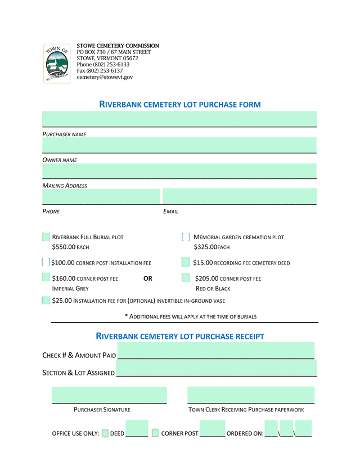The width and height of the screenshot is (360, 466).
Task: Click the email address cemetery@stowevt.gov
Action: click(x=105, y=77)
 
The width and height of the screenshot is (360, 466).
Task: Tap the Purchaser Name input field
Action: click(x=179, y=119)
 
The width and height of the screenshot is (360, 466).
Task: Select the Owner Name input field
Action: click(x=179, y=145)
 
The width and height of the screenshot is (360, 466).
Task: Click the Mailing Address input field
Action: click(x=179, y=171)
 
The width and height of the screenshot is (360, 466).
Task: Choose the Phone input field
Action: click(x=101, y=196)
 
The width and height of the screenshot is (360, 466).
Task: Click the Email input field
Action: click(x=239, y=196)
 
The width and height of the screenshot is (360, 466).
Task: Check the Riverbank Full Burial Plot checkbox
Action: click(x=46, y=237)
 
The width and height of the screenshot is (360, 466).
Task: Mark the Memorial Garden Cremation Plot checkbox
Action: click(x=186, y=237)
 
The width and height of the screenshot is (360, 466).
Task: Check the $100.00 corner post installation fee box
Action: click(x=46, y=262)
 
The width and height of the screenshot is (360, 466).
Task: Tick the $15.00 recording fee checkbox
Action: click(x=186, y=262)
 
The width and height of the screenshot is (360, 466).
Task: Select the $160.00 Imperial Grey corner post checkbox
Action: click(x=46, y=277)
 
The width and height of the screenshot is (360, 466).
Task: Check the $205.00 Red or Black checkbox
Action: click(x=186, y=277)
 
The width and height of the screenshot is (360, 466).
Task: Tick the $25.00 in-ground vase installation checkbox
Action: click(x=46, y=301)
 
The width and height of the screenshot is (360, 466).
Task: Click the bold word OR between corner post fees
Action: click(x=148, y=279)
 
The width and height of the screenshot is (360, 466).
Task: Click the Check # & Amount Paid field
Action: click(x=216, y=351)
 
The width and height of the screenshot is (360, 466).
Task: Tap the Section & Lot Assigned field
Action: click(x=216, y=369)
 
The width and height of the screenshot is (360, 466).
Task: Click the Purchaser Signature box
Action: click(x=109, y=395)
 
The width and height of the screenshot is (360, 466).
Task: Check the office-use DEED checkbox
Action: click(x=105, y=433)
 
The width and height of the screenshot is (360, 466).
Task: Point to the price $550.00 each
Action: click(x=70, y=247)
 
